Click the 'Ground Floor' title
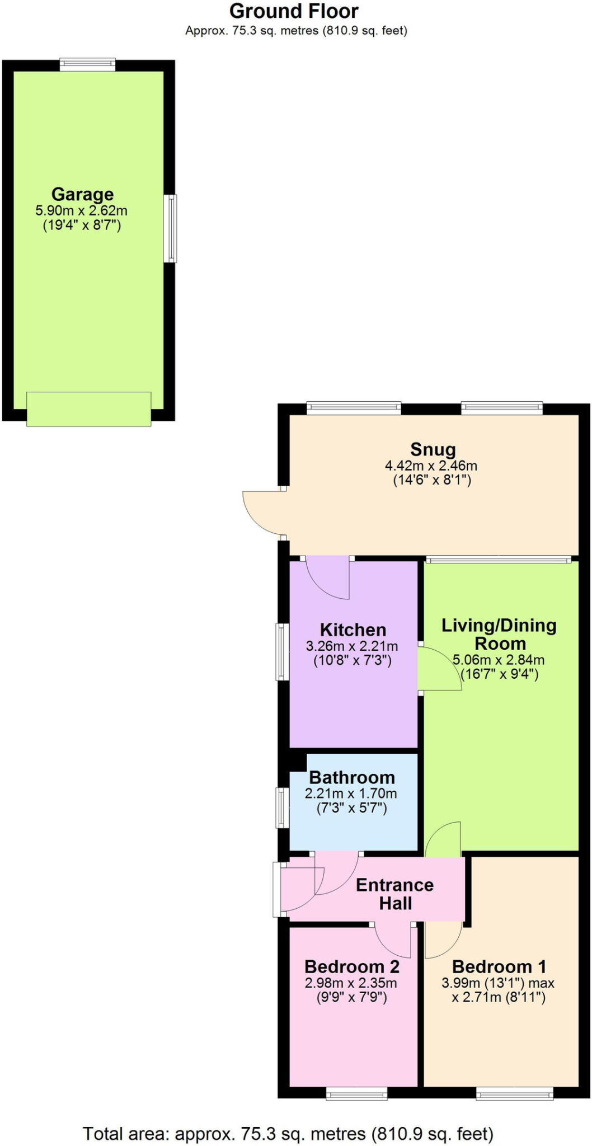(294, 11)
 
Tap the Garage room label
(82, 194)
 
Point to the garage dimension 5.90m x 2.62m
(81, 211)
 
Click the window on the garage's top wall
(87, 64)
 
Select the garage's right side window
(170, 228)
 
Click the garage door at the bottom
(88, 408)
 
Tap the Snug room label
(433, 449)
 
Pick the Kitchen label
(353, 630)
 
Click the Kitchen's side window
(282, 652)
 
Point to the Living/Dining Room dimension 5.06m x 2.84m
(498, 660)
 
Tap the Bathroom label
(351, 777)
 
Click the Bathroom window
(282, 807)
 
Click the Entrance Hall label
(395, 894)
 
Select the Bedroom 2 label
(351, 966)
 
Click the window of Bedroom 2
(356, 1093)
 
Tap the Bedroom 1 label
(499, 966)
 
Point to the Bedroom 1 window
(514, 1093)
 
